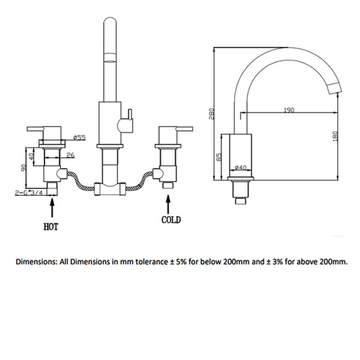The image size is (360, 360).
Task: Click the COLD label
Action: point(171,220)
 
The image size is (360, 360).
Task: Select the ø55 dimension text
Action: point(79,138)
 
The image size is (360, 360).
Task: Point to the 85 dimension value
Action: point(219,157)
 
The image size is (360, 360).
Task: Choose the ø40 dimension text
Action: point(241,168)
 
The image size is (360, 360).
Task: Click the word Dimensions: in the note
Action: point(36,261)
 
